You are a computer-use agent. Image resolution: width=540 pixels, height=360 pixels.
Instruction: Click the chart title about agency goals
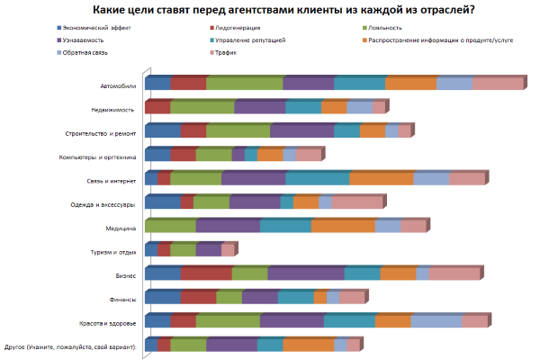pyautogui.click(x=271, y=10)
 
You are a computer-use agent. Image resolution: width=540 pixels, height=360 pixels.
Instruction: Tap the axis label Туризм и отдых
pyautogui.click(x=114, y=252)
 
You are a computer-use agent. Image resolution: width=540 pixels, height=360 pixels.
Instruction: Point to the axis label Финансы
pyautogui.click(x=122, y=300)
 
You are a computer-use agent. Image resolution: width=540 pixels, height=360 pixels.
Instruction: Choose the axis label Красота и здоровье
pyautogui.click(x=109, y=323)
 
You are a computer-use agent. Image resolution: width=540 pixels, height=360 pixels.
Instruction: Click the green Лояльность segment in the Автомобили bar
pyautogui.click(x=244, y=84)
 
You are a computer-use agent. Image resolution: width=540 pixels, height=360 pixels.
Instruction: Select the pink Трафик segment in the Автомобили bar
pyautogui.click(x=497, y=84)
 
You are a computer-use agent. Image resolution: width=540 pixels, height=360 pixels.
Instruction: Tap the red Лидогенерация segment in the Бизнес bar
pyautogui.click(x=205, y=274)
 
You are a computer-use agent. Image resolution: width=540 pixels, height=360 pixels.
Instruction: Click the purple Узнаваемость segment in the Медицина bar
pyautogui.click(x=228, y=226)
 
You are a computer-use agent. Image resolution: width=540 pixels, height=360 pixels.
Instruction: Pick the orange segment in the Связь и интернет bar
pyautogui.click(x=381, y=178)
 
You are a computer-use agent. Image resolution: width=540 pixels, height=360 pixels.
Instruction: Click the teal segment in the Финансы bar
pyautogui.click(x=295, y=297)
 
